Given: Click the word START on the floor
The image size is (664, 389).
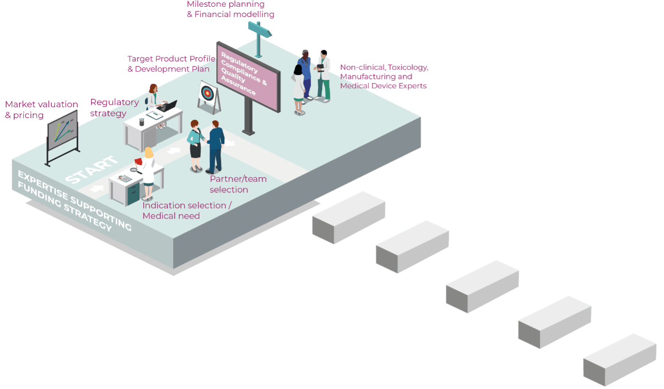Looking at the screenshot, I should pos(91,170).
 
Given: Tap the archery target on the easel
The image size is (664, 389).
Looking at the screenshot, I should pos(207,93).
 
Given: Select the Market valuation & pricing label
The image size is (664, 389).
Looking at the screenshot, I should pos(41,110).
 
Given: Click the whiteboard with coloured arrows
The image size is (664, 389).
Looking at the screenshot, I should pos(62,130).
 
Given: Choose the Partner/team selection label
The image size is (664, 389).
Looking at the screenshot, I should pos(238,184).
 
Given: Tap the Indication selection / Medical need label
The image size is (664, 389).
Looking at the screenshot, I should pos(187,211).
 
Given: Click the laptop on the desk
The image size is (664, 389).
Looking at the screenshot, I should pos(167,107).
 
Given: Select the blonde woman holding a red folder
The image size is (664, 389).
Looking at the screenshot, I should pos(148,171).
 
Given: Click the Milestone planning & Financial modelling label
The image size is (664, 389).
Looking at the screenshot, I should pos(231,9).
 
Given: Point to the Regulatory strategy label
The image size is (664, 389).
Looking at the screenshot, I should pos(114,108).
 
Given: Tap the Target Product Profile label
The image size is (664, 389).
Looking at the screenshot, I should pos(171,64).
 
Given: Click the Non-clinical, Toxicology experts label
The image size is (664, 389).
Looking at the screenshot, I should pos(384,76).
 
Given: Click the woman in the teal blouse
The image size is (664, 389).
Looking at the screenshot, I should pos(195,144).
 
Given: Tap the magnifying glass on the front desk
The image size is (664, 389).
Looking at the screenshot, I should pos(134,170).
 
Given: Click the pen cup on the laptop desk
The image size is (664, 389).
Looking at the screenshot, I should pos(141,122).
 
